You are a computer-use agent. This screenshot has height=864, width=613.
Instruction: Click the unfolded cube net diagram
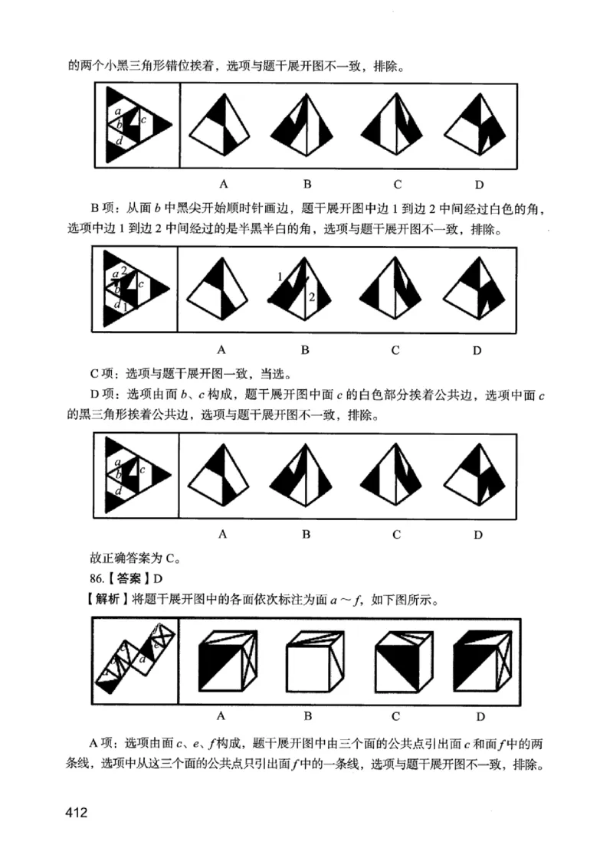pyautogui.click(x=135, y=660)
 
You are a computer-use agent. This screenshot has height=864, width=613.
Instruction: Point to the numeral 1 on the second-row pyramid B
pyautogui.click(x=280, y=277)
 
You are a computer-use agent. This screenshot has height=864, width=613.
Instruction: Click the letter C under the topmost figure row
pyautogui.click(x=397, y=184)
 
